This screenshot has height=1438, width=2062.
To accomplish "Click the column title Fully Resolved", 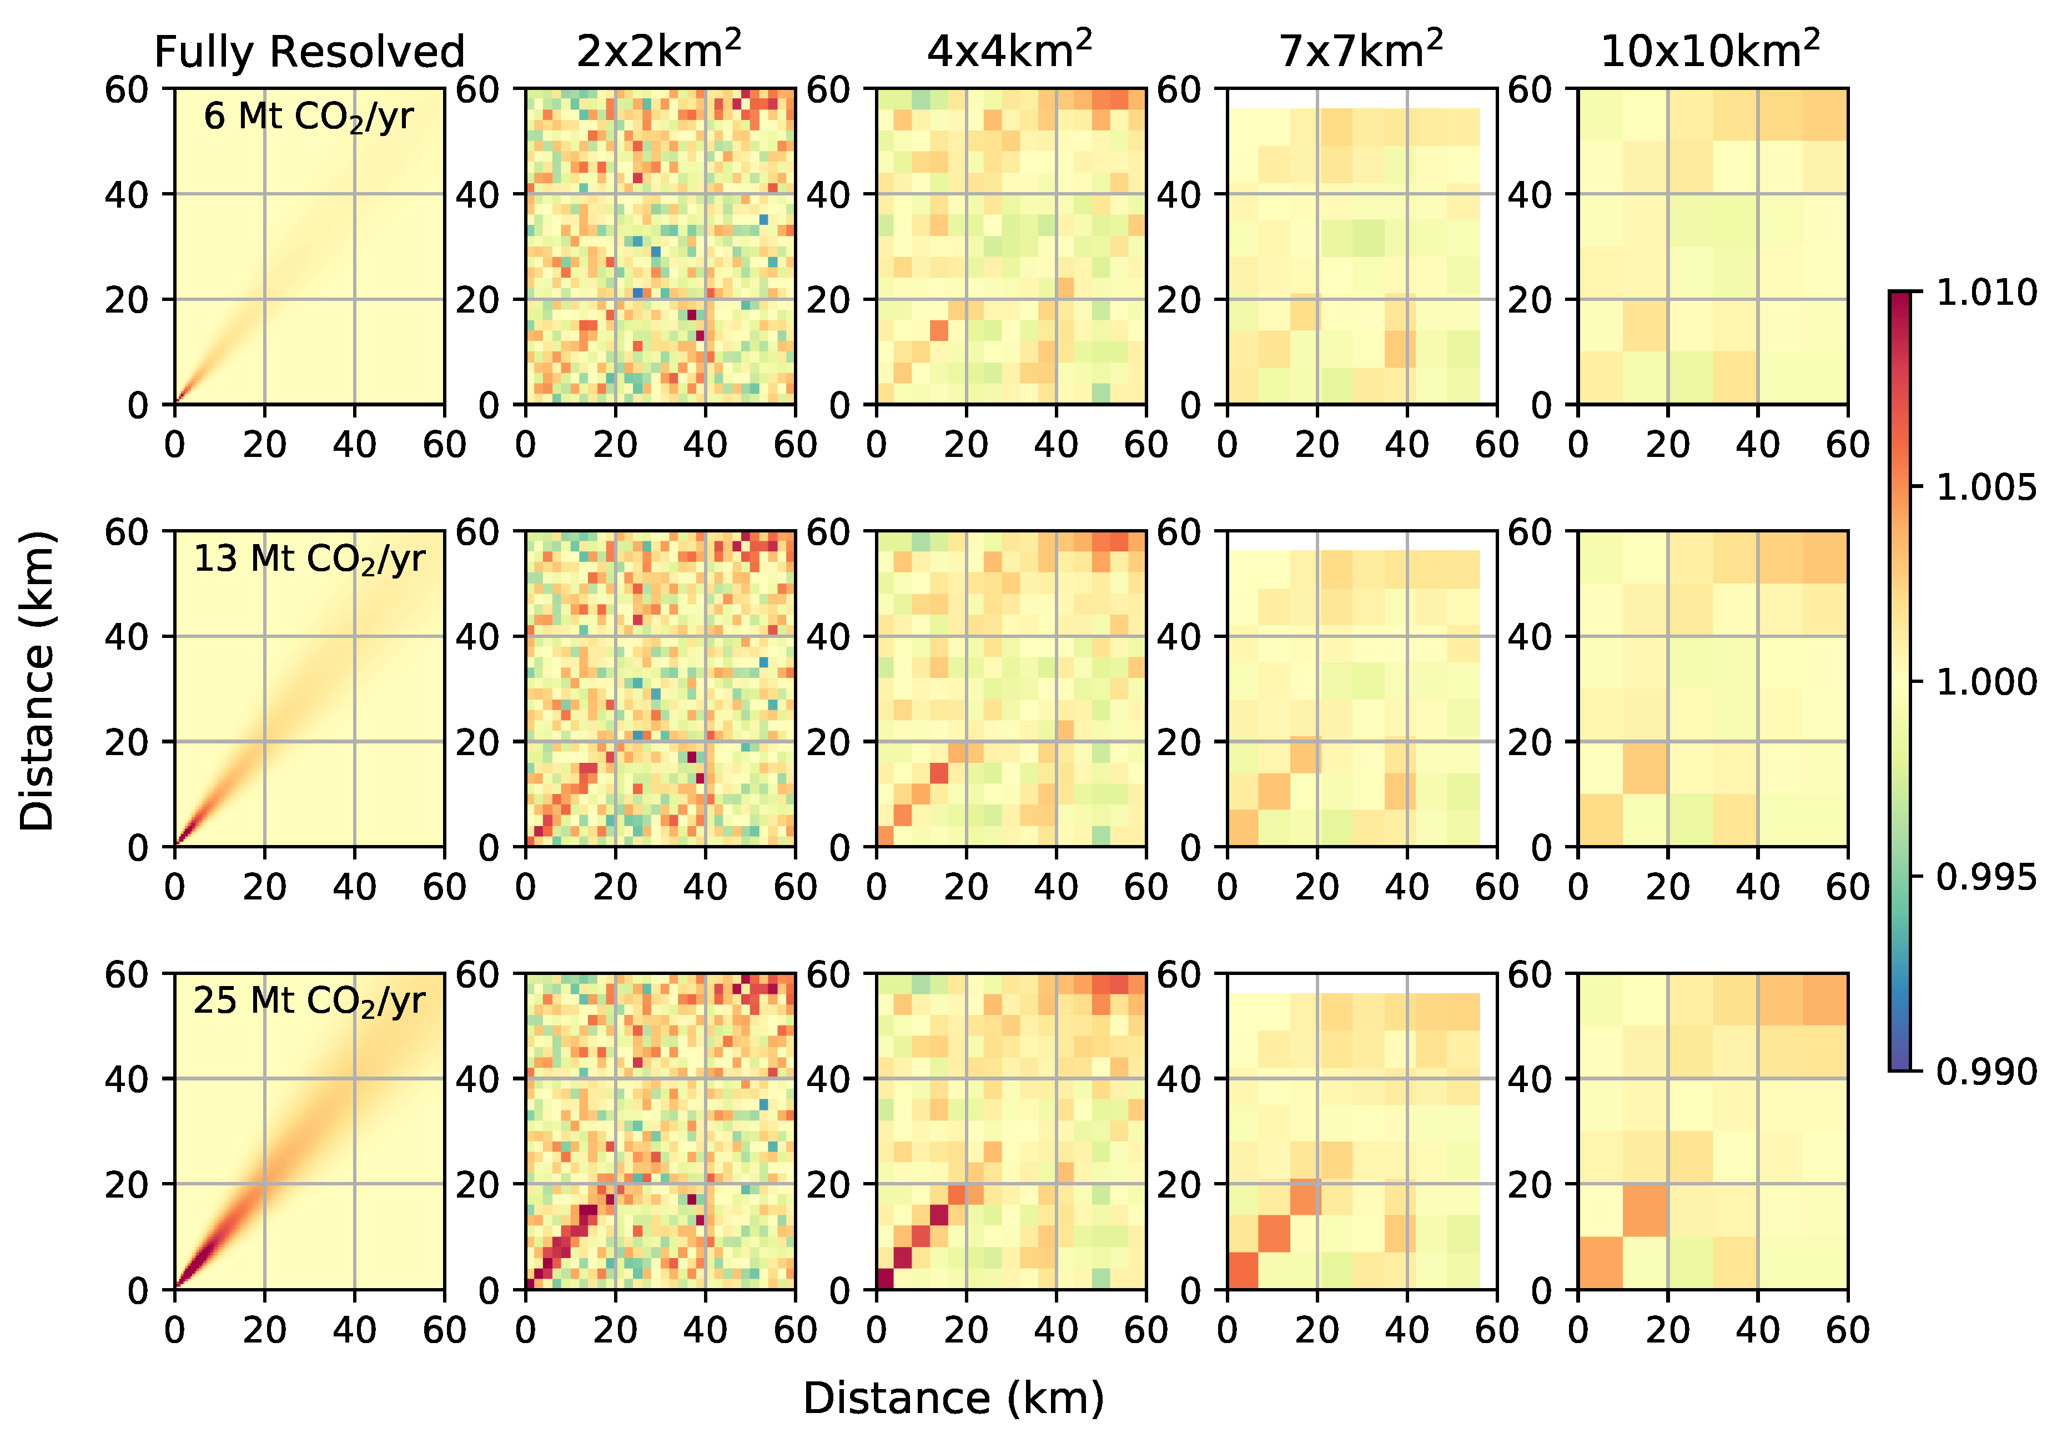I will pyautogui.click(x=309, y=52).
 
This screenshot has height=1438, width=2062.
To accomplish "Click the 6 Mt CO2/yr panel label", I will pyautogui.click(x=308, y=117).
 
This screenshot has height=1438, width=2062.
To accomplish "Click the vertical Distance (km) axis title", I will pyautogui.click(x=38, y=681).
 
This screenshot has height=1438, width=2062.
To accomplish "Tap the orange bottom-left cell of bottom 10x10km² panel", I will pyautogui.click(x=1601, y=1263).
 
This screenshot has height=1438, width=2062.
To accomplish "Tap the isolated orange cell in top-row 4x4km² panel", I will pyautogui.click(x=938, y=330).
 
